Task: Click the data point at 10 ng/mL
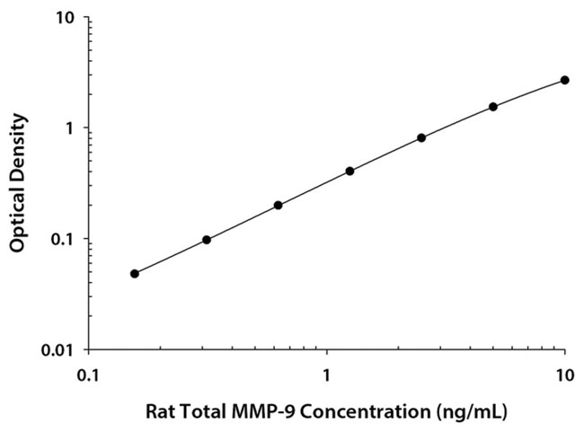564,80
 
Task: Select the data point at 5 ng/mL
493,107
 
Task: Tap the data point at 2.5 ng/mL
421,137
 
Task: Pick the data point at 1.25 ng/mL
350,171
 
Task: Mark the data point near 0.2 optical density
279,205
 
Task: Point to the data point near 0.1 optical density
207,240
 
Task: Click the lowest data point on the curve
135,273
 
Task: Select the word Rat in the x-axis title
160,415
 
